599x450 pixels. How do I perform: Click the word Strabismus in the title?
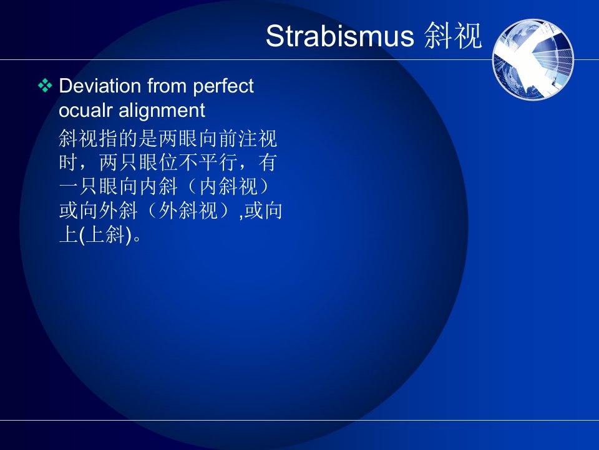pos(339,36)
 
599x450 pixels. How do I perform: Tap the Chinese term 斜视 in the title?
pos(453,36)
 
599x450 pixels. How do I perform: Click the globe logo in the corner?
pos(533,59)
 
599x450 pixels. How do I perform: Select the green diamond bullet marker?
pos(45,86)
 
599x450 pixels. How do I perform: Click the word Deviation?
pos(100,86)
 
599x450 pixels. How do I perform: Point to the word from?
pos(167,86)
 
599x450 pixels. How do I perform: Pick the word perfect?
pos(223,86)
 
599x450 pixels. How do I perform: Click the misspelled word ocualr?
pos(85,110)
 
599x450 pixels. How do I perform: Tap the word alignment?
pos(162,111)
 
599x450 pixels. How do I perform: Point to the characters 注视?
pos(258,139)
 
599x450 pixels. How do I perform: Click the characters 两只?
pos(119,162)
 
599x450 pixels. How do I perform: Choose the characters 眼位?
pos(158,162)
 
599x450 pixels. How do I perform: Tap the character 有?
pos(268,162)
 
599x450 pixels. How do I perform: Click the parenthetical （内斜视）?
pos(228,187)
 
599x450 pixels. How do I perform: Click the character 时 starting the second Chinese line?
pos(69,162)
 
